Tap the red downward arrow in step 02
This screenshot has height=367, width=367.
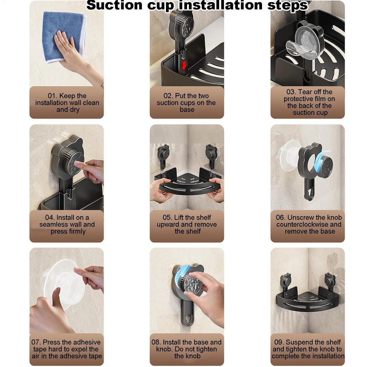pos(184,65)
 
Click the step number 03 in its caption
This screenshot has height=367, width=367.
pos(291,92)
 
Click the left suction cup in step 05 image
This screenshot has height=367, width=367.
pos(163,152)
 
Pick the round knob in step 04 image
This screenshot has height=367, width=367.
pos(72,163)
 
